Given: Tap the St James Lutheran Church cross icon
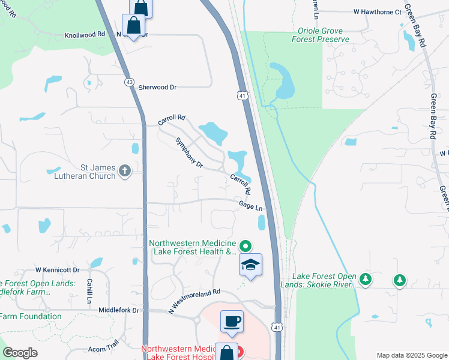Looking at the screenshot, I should (125, 172).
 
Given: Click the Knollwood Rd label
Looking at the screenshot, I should (85, 35).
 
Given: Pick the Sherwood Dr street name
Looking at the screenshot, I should (157, 87).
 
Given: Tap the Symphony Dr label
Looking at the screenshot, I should (189, 152).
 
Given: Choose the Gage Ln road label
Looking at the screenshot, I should (251, 206).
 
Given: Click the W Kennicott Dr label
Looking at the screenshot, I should (57, 271).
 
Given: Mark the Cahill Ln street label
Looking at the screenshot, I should (89, 291).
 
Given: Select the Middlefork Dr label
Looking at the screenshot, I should (119, 310).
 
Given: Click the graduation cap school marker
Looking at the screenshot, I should (250, 265).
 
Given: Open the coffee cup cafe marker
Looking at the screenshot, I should (232, 321).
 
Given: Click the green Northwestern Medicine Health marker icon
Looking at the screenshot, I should (245, 246).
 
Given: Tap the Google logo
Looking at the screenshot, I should (20, 353).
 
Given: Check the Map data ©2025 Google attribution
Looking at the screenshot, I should (411, 355).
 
